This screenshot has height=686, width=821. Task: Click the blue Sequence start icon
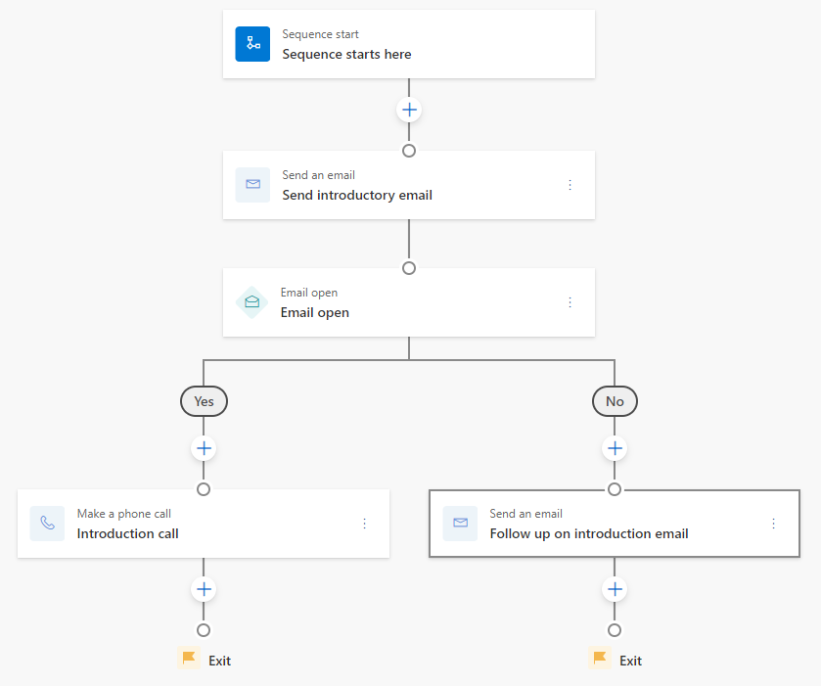pyautogui.click(x=252, y=44)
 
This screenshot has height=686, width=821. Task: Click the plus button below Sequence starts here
pyautogui.click(x=409, y=110)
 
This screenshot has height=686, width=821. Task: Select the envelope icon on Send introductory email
pyautogui.click(x=252, y=185)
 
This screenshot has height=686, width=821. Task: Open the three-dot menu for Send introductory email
pyautogui.click(x=570, y=185)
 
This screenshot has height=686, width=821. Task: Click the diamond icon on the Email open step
pyautogui.click(x=252, y=302)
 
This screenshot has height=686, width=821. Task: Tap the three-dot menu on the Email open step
pyautogui.click(x=570, y=302)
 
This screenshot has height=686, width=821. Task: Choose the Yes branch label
pyautogui.click(x=204, y=401)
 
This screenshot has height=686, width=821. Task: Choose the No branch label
pyautogui.click(x=615, y=401)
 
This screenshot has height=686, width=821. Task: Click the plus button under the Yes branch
pyautogui.click(x=204, y=448)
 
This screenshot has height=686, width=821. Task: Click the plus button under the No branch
pyautogui.click(x=615, y=448)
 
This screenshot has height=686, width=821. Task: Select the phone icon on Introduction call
pyautogui.click(x=47, y=524)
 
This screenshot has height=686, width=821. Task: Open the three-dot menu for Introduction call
pyautogui.click(x=365, y=524)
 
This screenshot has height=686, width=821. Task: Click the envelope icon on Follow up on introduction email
pyautogui.click(x=460, y=524)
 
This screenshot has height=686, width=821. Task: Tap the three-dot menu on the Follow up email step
pyautogui.click(x=773, y=524)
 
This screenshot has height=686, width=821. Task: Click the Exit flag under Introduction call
pyautogui.click(x=189, y=660)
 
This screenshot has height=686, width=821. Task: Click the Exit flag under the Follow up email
pyautogui.click(x=600, y=660)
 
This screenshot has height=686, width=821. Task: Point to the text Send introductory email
pyautogui.click(x=357, y=195)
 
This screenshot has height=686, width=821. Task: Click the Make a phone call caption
pyautogui.click(x=124, y=514)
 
